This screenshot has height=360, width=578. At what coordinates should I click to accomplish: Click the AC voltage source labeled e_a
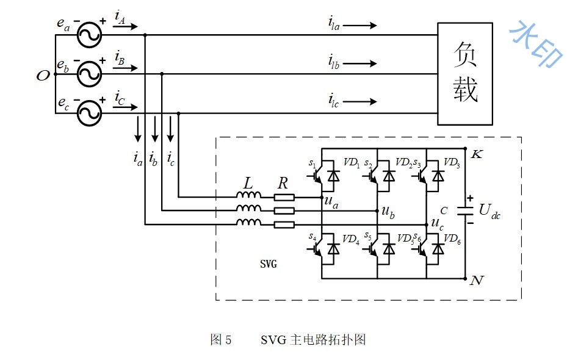point(90,35)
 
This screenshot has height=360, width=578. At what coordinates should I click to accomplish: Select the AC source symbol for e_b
point(90,74)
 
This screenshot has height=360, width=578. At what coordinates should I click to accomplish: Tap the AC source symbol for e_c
point(90,113)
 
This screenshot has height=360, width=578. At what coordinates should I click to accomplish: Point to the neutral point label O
point(43,76)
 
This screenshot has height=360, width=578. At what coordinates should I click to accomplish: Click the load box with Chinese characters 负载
point(465,74)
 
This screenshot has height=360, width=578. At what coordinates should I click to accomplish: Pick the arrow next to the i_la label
point(359,26)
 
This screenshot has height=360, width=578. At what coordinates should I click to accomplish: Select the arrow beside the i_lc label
point(359,101)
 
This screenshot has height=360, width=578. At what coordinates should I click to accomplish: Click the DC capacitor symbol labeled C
point(465,211)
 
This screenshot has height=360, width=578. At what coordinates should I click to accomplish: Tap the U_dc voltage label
point(489,212)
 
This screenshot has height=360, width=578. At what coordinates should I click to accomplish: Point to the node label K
point(477,154)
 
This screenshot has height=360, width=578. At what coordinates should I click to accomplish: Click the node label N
point(477,281)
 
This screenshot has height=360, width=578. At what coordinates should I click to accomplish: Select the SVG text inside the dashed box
point(269,264)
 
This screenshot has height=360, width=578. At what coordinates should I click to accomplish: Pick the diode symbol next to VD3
point(438,176)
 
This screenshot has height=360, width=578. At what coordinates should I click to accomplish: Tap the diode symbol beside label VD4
point(334,249)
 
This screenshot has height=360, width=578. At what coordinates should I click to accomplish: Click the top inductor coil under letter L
point(248,195)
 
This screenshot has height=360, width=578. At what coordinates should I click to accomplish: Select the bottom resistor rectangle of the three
point(284,225)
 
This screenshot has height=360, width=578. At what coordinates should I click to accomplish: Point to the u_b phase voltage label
point(388,212)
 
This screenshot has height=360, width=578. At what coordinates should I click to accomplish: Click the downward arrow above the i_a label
point(138,129)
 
